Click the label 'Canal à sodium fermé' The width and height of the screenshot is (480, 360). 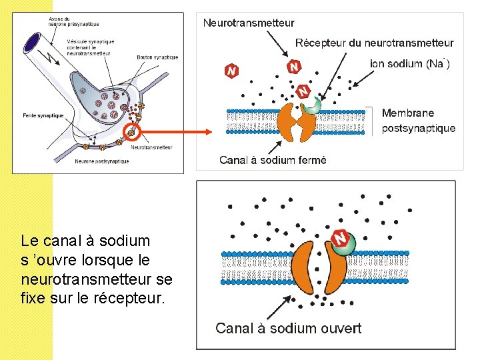[273, 160]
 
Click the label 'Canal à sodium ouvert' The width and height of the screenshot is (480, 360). [288, 328]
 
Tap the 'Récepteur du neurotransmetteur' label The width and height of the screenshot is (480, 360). [374, 43]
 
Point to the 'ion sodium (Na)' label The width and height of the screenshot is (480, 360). [409, 64]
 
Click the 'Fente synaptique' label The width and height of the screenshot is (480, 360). [43, 115]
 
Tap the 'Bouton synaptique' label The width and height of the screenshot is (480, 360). [157, 57]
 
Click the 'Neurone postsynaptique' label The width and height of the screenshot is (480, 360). [102, 161]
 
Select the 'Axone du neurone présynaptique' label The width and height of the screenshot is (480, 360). [68, 22]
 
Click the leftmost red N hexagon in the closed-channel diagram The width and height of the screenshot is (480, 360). [231, 70]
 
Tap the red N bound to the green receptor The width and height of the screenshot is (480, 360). [340, 238]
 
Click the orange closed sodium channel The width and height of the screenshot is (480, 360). [296, 123]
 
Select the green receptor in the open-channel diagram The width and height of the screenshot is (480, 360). [345, 245]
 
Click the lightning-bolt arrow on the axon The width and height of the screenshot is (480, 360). [50, 53]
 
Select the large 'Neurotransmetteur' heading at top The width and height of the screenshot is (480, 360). [249, 23]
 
